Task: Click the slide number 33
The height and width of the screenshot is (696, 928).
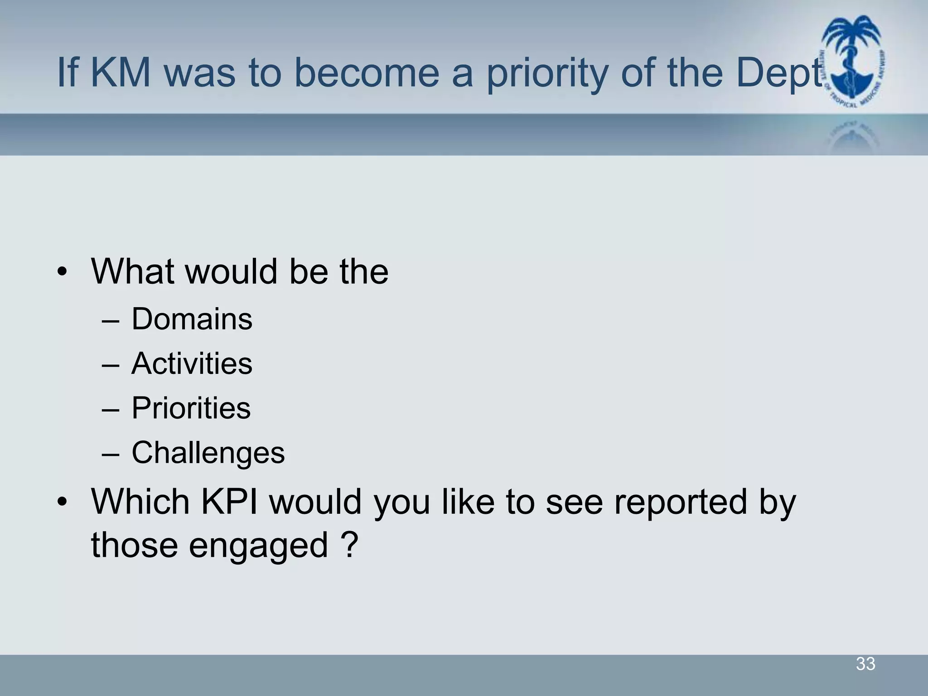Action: tap(865, 664)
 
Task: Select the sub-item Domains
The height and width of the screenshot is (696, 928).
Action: tap(192, 319)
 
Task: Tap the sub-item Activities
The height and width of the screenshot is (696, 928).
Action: tap(192, 363)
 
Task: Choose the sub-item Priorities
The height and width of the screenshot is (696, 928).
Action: tap(191, 408)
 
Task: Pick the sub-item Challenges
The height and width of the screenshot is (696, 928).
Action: tap(208, 453)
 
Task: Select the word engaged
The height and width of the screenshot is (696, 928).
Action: tap(258, 546)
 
